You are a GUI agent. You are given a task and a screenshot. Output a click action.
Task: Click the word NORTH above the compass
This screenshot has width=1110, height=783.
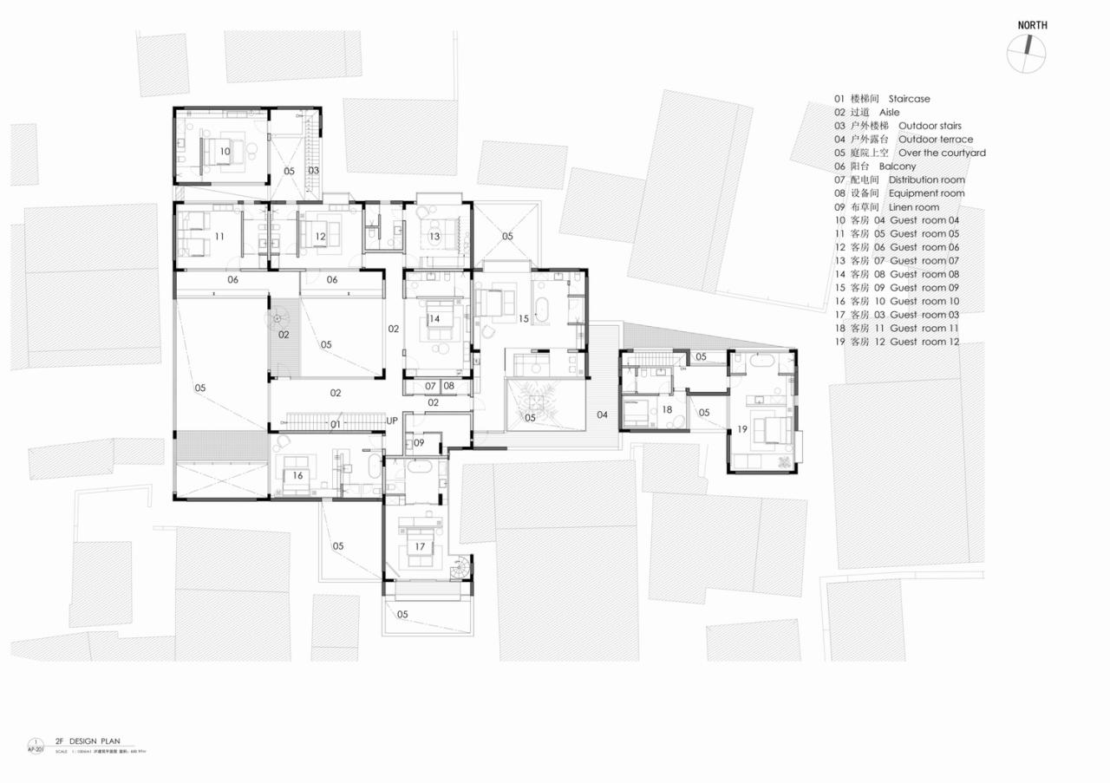click(x=1032, y=25)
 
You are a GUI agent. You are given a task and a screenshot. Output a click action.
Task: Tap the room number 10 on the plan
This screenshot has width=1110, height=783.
click(x=225, y=151)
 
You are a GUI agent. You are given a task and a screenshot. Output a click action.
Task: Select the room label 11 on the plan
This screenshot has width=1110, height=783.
click(x=219, y=237)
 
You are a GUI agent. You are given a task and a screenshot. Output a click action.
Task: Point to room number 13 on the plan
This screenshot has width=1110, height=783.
click(x=434, y=237)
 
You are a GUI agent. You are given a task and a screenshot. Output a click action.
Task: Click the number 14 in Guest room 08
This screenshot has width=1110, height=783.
click(x=434, y=319)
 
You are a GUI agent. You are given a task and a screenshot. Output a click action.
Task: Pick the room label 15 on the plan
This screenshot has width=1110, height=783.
click(x=523, y=319)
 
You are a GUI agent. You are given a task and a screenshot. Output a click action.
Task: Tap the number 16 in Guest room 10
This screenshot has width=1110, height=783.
click(x=297, y=475)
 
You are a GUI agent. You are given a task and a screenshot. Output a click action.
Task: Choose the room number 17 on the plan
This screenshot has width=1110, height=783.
click(x=420, y=546)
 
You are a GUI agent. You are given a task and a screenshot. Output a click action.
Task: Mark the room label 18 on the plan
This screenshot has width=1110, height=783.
click(x=667, y=409)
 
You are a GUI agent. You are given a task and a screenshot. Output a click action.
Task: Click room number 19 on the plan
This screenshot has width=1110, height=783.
click(x=742, y=429)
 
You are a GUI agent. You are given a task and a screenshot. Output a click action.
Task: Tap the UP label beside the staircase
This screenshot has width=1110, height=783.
click(x=392, y=421)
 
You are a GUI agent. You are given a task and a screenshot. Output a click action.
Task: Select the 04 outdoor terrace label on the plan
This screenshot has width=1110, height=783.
click(x=602, y=415)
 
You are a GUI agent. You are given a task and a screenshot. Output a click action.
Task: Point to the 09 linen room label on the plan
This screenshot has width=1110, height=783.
click(x=419, y=443)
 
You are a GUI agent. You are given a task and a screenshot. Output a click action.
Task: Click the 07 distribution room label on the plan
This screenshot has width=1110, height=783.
click(x=430, y=386)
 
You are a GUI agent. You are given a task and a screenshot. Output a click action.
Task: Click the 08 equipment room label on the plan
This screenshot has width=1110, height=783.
click(x=448, y=386)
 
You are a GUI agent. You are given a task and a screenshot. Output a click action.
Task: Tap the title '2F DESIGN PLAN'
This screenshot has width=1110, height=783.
click(x=87, y=741)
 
